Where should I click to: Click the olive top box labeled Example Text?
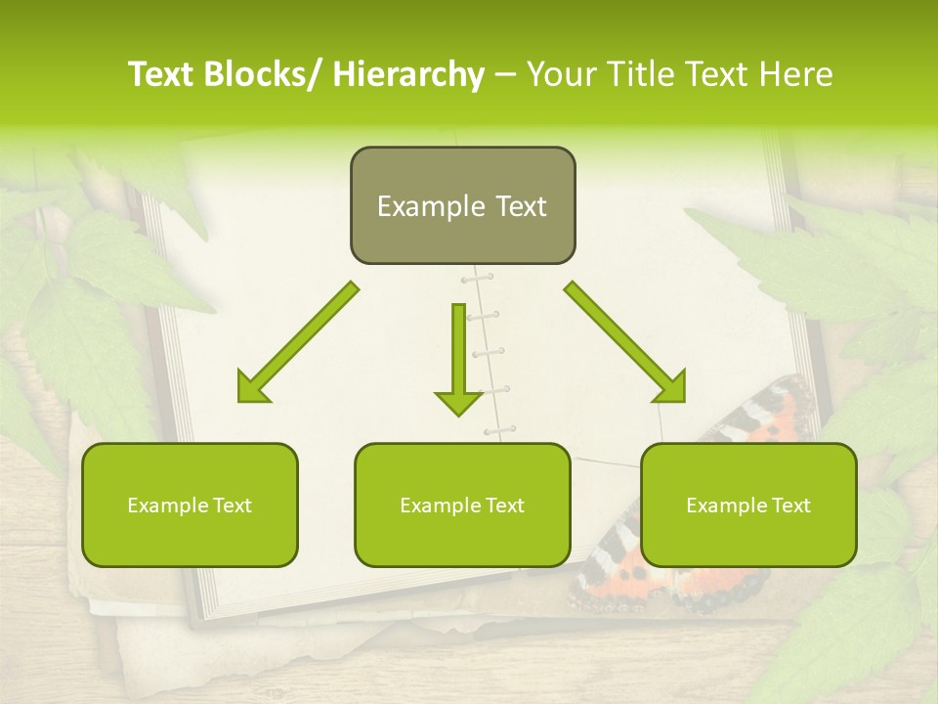click(x=462, y=205)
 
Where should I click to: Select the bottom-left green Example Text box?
click(x=190, y=505)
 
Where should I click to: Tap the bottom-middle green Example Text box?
click(x=462, y=505)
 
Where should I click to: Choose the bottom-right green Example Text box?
click(x=748, y=505)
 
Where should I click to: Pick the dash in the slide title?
click(x=505, y=75)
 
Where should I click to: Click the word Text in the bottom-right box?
click(x=789, y=505)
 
